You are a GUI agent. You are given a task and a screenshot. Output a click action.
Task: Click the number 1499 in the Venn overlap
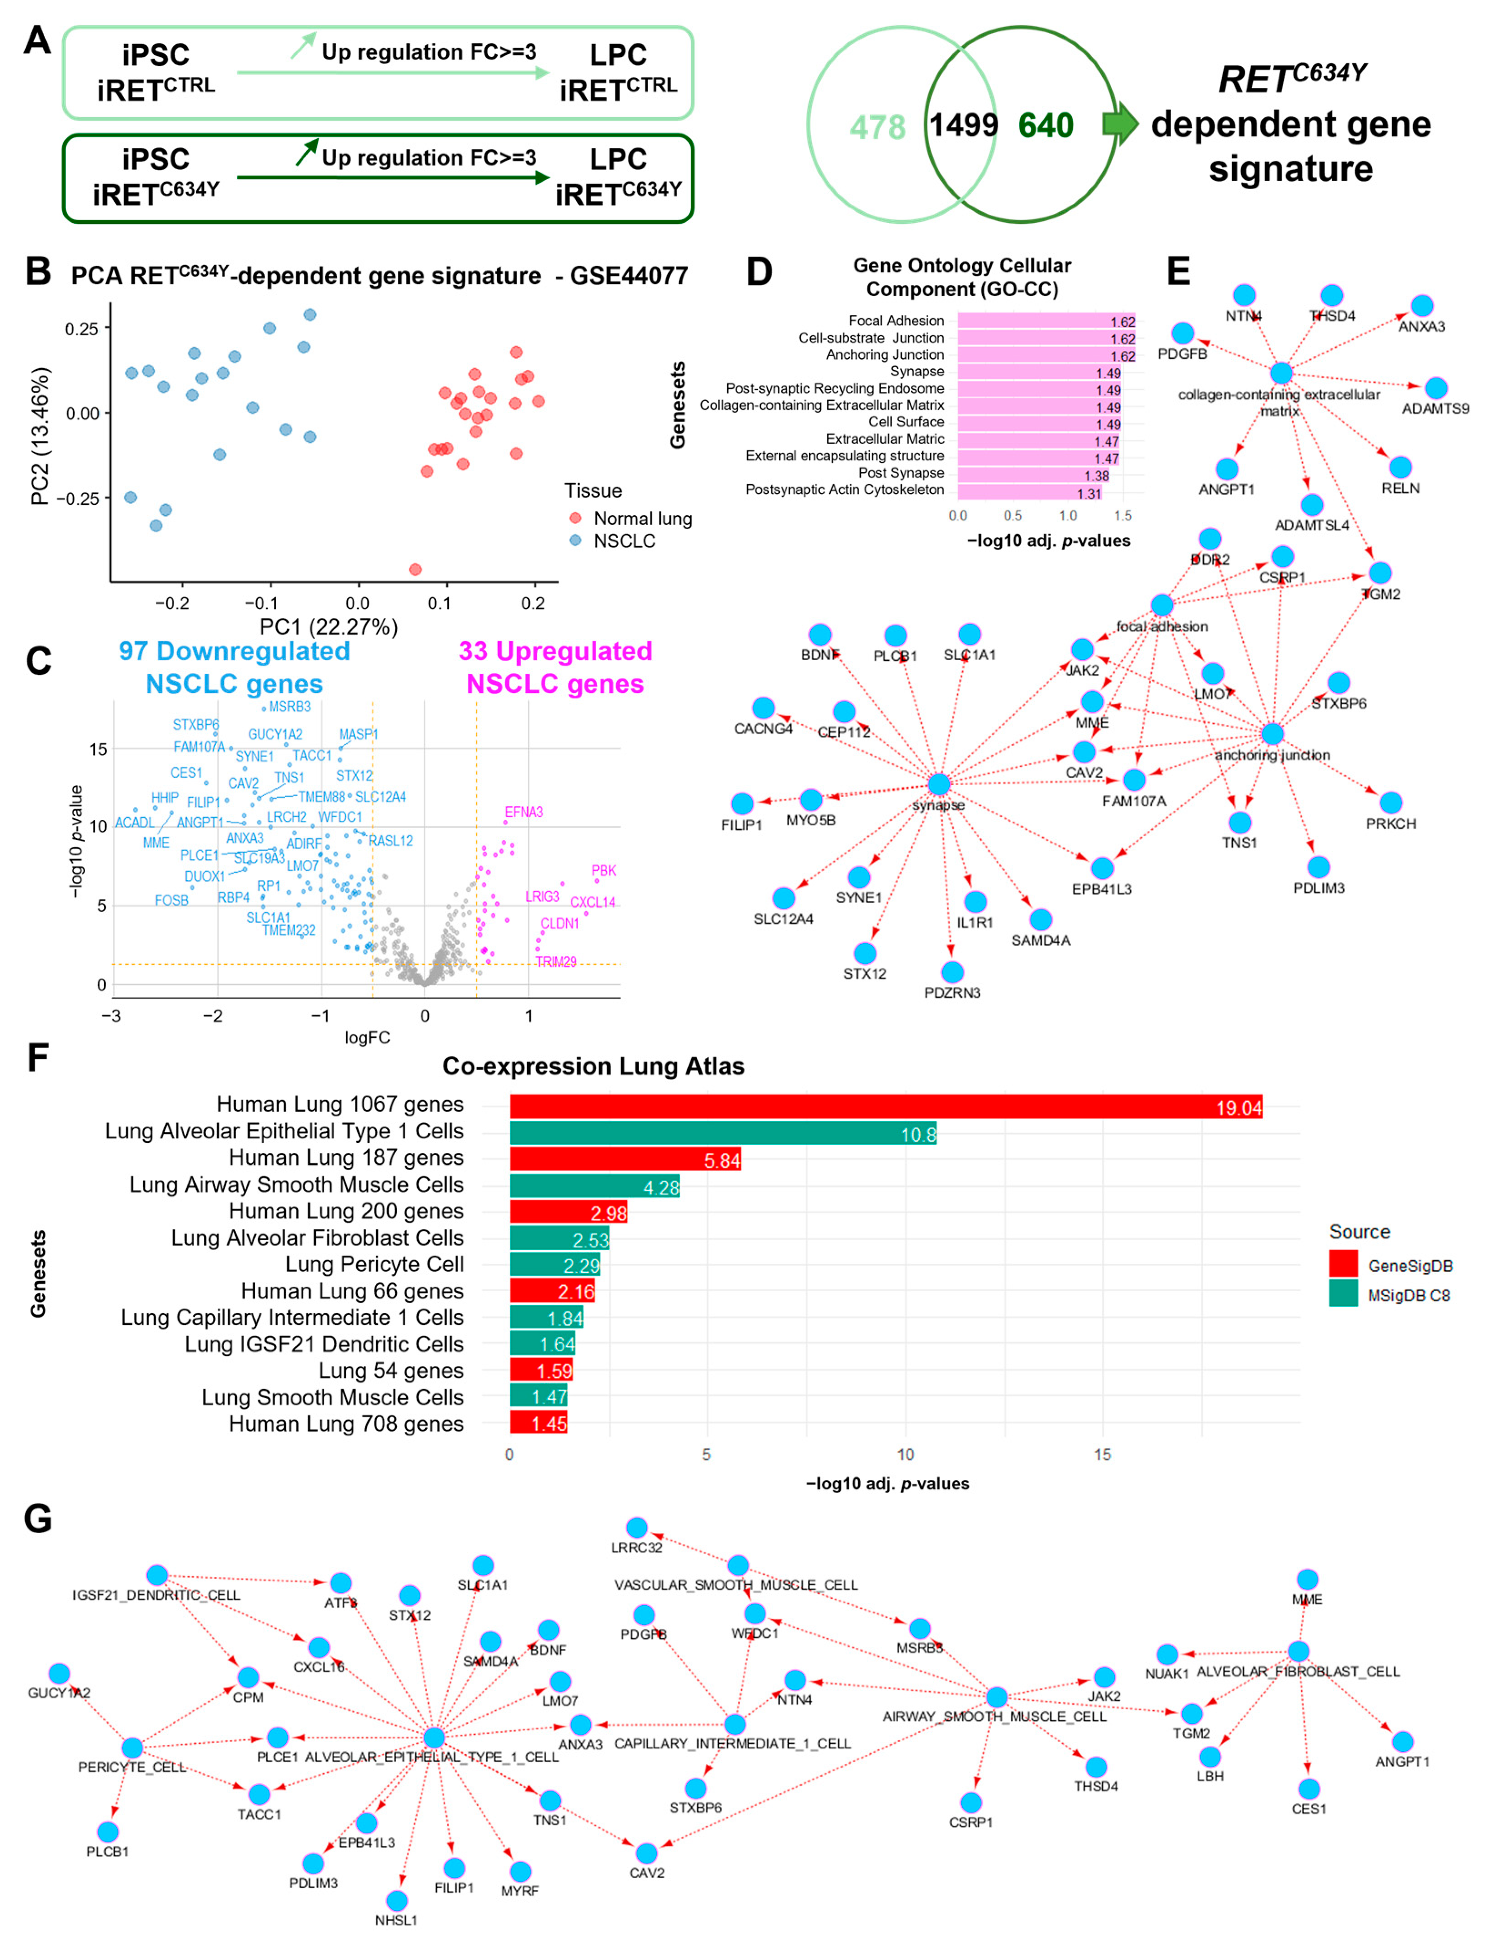pos(963,125)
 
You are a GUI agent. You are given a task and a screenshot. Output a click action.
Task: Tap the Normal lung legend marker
pos(575,518)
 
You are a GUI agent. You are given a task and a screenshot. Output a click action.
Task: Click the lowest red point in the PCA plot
pos(415,569)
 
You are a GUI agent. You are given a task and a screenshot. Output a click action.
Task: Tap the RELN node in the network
pos(1399,468)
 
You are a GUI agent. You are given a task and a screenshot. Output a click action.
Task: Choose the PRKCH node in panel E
pos(1391,803)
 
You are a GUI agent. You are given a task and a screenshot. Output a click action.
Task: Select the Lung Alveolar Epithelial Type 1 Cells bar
pos(722,1133)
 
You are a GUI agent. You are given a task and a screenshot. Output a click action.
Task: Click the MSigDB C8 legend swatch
pos(1343,1294)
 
